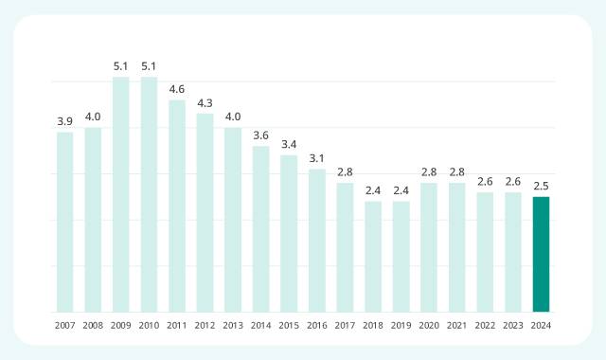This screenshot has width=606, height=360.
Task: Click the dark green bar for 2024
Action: pos(541,254)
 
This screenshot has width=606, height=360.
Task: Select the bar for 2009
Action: pos(120,194)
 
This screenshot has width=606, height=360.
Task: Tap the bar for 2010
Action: pos(149,194)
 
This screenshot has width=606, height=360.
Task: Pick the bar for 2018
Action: pos(373,256)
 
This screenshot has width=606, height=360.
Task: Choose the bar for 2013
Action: pos(233,220)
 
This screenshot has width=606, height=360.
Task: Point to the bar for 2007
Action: pos(64,222)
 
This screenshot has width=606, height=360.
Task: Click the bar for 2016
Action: pos(317,241)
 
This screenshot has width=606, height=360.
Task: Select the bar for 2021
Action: pos(457,247)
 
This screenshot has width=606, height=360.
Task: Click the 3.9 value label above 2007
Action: pos(64,121)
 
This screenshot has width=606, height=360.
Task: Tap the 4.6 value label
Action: pos(177,89)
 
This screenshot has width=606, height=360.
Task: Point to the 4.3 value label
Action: pos(205,102)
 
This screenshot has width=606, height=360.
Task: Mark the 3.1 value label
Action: pos(317,158)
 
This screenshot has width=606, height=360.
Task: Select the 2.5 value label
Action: pos(541,186)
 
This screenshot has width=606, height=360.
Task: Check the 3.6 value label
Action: pos(261,135)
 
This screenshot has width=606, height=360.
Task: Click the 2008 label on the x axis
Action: pos(93,325)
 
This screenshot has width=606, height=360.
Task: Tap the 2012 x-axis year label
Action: pos(205,325)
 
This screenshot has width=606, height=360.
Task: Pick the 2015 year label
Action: pos(289,325)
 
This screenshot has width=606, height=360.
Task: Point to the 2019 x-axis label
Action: pos(401,325)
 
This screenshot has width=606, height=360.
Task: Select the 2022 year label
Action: pos(485,325)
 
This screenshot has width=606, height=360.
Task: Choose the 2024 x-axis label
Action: pos(541,325)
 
